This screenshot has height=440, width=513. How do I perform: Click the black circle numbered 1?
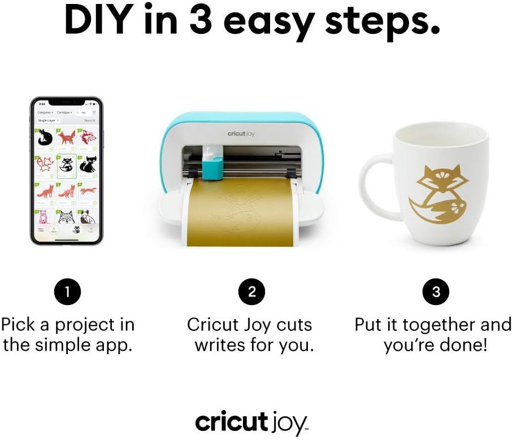tap(67, 291)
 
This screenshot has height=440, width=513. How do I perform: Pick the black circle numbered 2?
tap(252, 291)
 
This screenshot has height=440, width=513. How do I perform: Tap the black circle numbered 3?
tap(436, 291)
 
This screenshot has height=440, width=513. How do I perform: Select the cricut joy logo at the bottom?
tap(251, 422)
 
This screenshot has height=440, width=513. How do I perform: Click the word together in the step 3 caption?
tap(424, 325)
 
